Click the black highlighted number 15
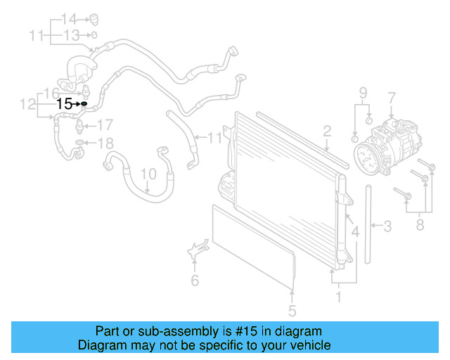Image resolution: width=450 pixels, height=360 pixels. [64, 103]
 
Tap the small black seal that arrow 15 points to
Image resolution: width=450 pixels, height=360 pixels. [84, 103]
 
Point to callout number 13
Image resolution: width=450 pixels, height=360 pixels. [72, 34]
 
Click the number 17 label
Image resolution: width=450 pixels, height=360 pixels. [104, 126]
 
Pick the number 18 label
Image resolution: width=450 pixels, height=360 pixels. [104, 144]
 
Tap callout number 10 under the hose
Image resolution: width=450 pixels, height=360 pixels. [148, 173]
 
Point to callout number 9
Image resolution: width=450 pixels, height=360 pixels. [364, 93]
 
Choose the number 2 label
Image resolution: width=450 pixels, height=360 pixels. [327, 131]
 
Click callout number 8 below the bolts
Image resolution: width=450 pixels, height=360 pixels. [420, 225]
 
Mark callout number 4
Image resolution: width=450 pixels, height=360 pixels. [356, 231]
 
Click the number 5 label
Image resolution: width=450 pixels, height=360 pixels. [292, 310]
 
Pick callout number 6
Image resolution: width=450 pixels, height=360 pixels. [195, 281]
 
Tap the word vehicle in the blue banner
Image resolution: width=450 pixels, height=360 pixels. [306, 345]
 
